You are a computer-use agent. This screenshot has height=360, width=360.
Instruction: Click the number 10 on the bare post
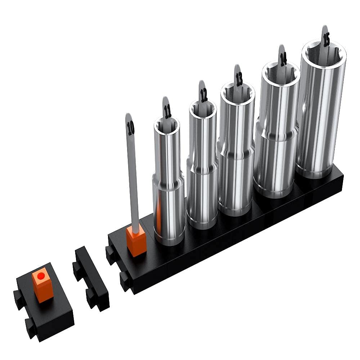coord(131,127)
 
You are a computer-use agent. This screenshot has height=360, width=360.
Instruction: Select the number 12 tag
coord(203,94)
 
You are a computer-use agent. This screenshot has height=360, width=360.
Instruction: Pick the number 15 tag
coord(326,39)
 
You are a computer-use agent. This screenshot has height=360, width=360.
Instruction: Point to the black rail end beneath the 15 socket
coord(331,187)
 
